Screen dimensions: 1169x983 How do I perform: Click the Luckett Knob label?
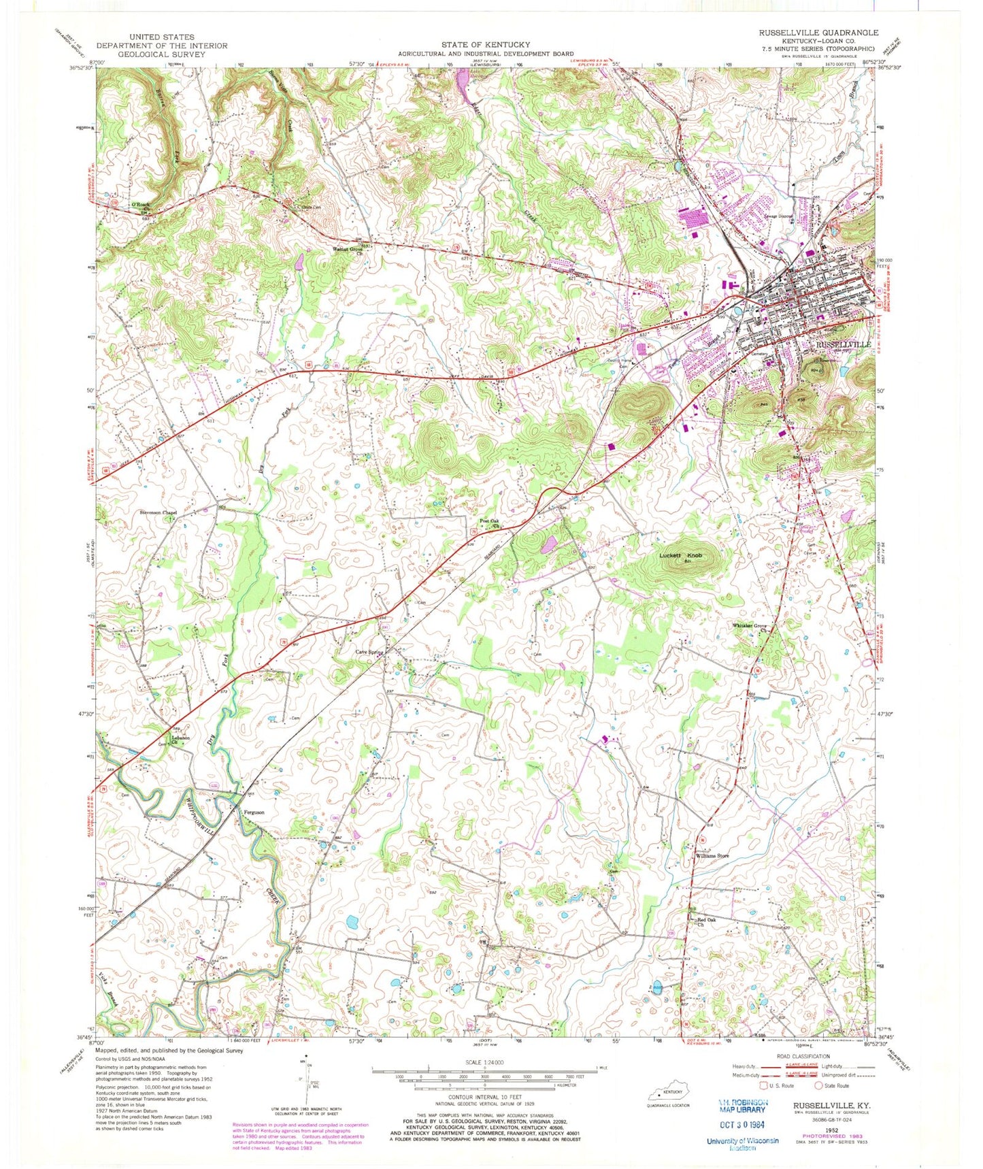pos(680,556)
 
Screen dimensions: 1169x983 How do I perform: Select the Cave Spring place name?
pos(370,652)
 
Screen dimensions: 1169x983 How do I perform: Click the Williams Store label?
pos(712,856)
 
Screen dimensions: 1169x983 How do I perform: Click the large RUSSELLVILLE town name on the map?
pos(844,345)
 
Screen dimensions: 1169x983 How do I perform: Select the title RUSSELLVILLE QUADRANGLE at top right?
pos(818,32)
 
